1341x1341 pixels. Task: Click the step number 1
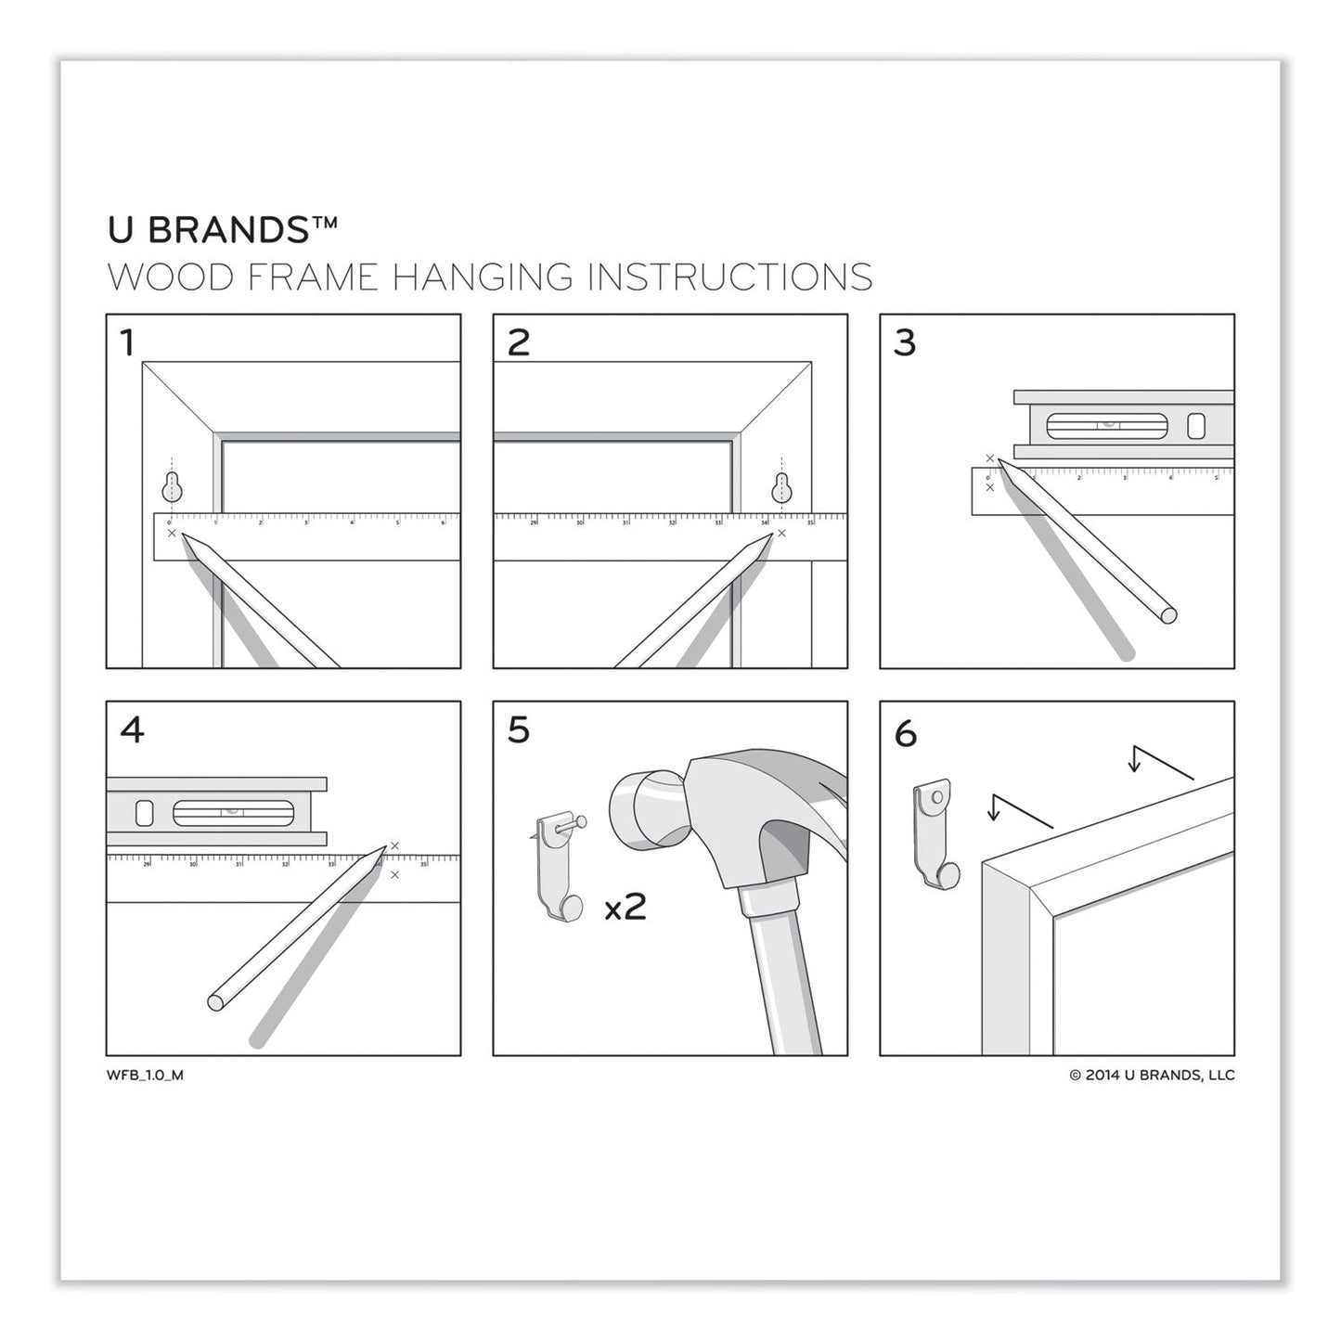point(127,343)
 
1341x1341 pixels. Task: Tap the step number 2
point(519,343)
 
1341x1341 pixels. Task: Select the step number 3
point(905,343)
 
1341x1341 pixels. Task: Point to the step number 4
point(132,730)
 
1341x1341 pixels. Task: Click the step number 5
point(519,730)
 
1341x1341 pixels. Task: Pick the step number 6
point(906,734)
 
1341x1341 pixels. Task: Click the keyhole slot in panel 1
point(172,485)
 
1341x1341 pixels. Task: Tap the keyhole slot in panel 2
point(783,485)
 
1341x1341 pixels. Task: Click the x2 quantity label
point(625,906)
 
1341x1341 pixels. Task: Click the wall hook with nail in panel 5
point(561,868)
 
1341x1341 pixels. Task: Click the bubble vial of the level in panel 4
point(233,813)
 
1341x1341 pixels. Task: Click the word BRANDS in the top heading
point(228,230)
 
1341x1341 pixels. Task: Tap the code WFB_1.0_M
point(145,1076)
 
